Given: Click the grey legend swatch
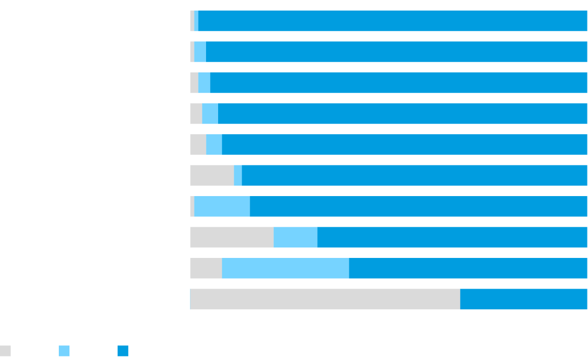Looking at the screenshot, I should tap(6, 351).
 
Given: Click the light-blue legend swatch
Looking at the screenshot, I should tap(64, 351).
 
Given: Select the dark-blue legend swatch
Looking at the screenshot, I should tap(123, 351).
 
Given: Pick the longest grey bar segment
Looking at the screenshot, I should tap(325, 299).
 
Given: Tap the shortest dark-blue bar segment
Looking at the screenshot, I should tap(524, 299).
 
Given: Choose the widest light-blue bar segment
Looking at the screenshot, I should tap(285, 268).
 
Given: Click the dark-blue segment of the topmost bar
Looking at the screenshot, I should tap(393, 21).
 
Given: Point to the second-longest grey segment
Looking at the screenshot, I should tap(232, 237).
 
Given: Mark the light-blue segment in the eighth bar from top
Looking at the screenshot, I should tap(296, 237).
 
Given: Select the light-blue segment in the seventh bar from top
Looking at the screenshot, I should tap(222, 206).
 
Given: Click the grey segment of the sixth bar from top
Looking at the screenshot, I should tap(212, 175).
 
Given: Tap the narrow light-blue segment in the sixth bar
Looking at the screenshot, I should tap(238, 175).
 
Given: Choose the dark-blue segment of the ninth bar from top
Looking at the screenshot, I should tap(468, 268).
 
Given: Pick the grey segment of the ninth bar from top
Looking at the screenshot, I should tap(206, 268).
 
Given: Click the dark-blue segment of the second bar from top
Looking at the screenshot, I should tap(397, 52).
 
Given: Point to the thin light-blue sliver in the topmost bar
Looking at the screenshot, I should tap(196, 21).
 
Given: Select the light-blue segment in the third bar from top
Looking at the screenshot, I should tap(204, 82).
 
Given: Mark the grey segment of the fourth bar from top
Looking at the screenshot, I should tap(196, 114).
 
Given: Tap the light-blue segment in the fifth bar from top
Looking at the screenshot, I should tap(214, 144).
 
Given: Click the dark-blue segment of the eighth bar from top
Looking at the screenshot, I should tap(452, 237).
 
